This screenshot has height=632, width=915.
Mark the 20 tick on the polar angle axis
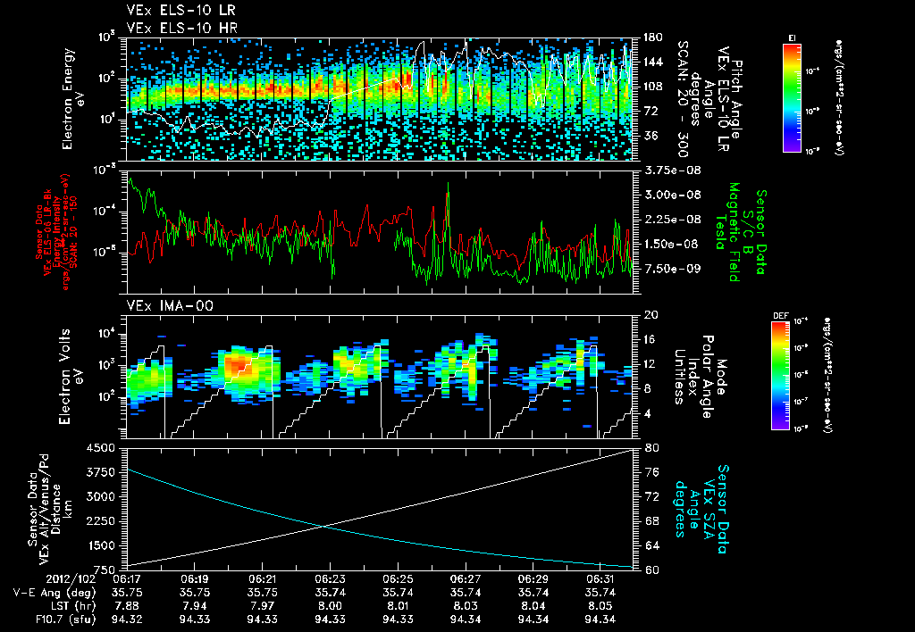pos(650,315)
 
